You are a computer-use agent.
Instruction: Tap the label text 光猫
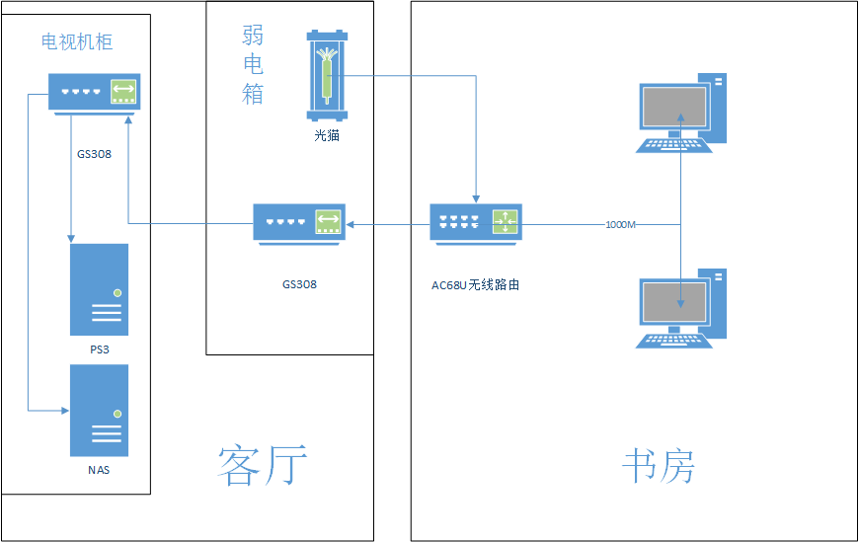[327, 136]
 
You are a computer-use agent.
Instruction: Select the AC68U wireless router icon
[475, 223]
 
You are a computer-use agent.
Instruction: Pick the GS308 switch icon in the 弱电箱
[298, 223]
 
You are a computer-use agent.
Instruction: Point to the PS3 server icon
[99, 289]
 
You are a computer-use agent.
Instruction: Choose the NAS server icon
[99, 411]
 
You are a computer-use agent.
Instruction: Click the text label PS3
[98, 349]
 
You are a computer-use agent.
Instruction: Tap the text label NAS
[99, 470]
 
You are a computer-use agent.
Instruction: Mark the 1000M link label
[620, 225]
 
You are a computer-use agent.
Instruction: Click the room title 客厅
[263, 465]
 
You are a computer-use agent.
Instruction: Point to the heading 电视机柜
[77, 41]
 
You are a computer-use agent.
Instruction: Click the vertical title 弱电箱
[253, 65]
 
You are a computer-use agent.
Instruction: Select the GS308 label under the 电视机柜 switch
[94, 154]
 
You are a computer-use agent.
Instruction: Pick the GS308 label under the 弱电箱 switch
[299, 284]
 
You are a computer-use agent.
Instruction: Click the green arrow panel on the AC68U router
[505, 222]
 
